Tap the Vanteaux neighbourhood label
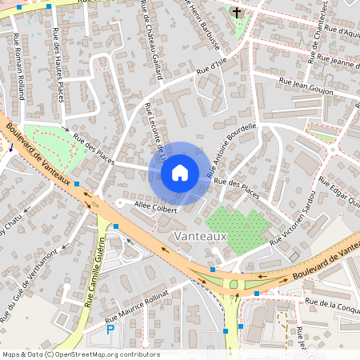(201, 237)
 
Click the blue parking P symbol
(110, 328)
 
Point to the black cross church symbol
(237, 13)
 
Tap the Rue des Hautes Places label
(57, 65)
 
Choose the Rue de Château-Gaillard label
(151, 40)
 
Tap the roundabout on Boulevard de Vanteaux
(234, 282)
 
